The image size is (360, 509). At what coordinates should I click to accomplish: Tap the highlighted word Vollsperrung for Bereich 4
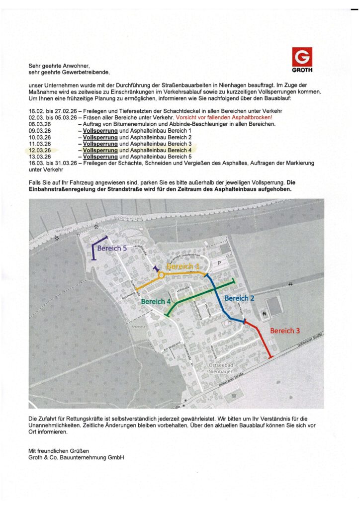(100, 150)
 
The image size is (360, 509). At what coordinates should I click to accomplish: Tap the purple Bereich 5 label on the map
(112, 248)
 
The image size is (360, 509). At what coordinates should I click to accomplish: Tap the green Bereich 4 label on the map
(156, 301)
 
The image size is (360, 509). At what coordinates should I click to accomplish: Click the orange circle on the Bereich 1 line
(161, 275)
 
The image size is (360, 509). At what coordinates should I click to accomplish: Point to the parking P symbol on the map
(219, 263)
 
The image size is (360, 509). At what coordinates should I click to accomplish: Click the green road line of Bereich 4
(199, 297)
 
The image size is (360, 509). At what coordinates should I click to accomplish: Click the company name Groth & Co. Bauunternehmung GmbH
(76, 457)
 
